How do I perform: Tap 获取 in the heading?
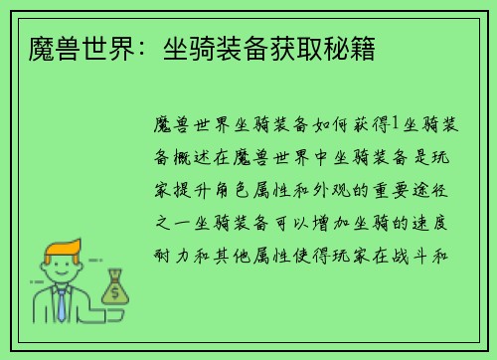coord(299,48)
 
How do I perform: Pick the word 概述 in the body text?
coord(190,157)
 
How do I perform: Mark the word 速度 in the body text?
coord(436,220)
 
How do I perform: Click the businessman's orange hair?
coord(59,245)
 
